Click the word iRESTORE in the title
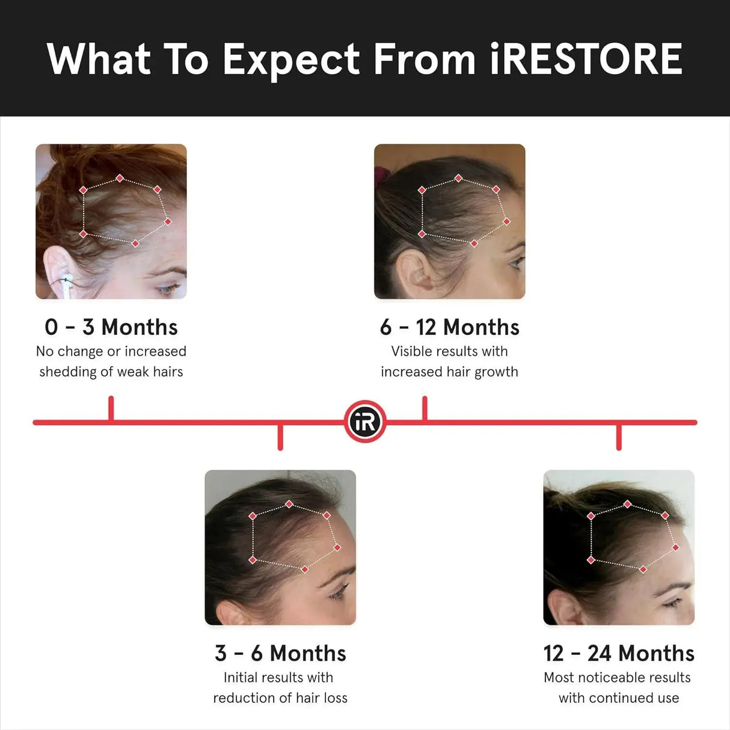point(586,59)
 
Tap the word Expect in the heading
point(291,60)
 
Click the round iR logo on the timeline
point(365,422)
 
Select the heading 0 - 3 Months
point(111,327)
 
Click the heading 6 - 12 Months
point(449,327)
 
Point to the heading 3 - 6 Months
point(280,653)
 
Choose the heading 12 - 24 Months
point(619,653)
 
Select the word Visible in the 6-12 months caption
point(411,351)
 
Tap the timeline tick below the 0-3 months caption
point(111,409)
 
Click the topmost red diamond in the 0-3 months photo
point(120,178)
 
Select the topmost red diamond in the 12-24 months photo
point(627,504)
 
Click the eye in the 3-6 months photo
point(338,594)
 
